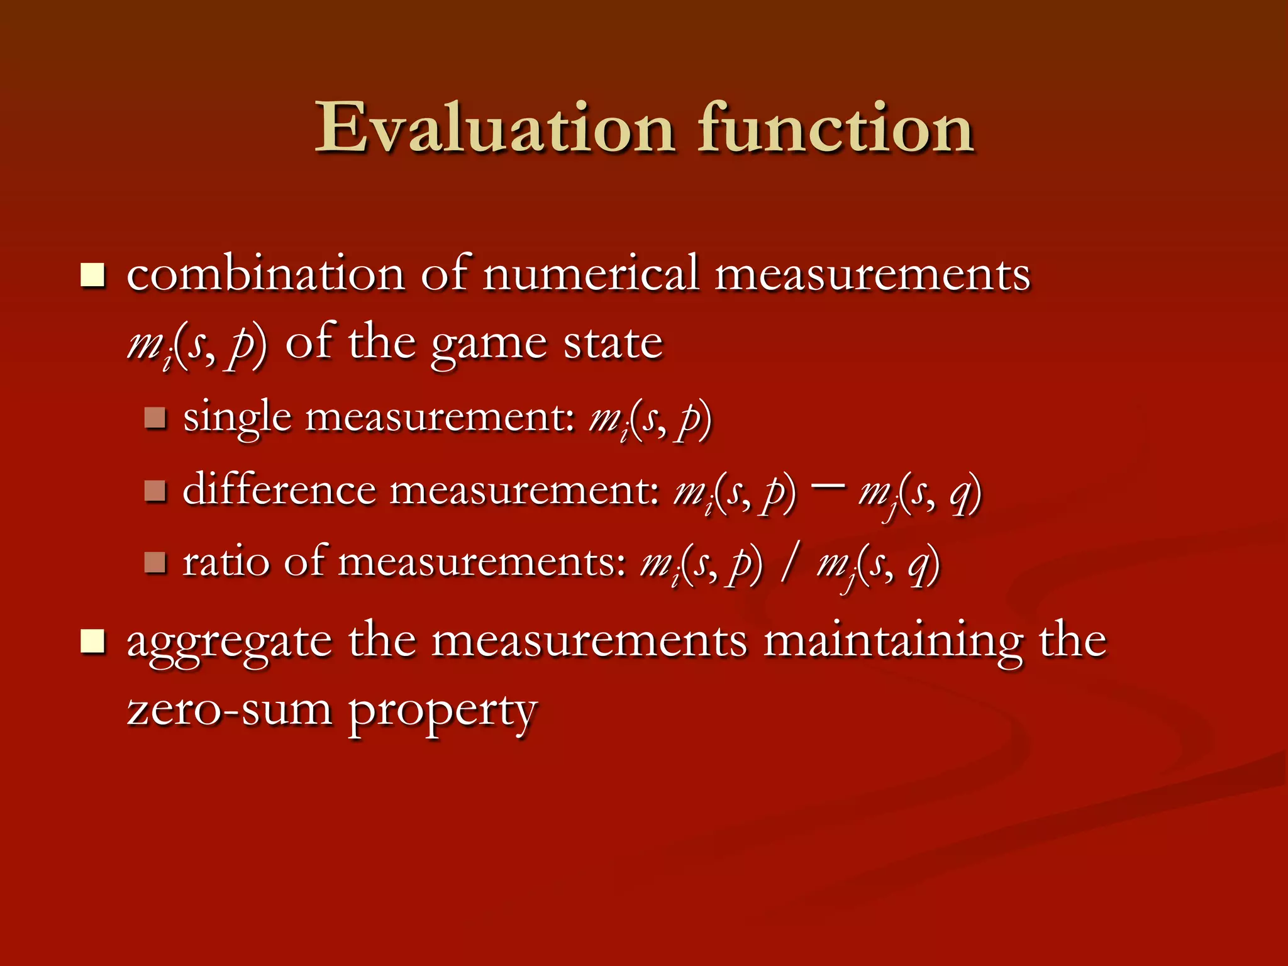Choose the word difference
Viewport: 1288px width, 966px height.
click(x=279, y=490)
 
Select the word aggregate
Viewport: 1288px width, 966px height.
click(x=230, y=643)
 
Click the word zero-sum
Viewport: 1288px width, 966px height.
click(x=230, y=711)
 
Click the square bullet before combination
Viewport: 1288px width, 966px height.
click(x=92, y=275)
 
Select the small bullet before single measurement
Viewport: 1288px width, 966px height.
click(x=155, y=418)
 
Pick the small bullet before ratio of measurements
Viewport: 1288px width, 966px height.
click(x=155, y=562)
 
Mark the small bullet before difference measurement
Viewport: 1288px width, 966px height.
click(x=155, y=491)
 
